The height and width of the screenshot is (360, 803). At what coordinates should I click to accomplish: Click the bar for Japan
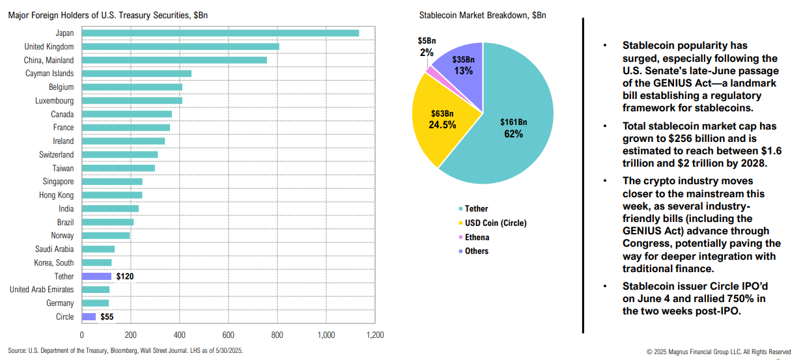coord(220,33)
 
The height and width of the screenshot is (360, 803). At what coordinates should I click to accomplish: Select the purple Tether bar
coord(96,276)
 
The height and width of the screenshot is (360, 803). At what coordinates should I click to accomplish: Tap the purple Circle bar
coord(89,316)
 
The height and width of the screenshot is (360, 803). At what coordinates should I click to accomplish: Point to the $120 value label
coord(126,276)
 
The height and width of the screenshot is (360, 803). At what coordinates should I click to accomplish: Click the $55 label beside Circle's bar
coord(107,317)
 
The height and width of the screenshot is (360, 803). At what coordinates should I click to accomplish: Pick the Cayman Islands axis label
coord(49,74)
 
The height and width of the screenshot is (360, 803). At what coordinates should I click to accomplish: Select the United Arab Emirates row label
coord(42,290)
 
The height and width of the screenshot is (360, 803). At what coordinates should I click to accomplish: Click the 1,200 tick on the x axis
coord(374,335)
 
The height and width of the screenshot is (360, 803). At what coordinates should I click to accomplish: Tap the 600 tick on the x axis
coord(228,335)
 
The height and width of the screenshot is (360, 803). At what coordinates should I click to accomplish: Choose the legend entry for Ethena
coord(477,238)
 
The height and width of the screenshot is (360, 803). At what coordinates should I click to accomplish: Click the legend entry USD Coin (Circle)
coord(496,223)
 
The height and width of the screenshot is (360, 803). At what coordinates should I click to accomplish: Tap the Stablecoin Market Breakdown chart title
coord(483,15)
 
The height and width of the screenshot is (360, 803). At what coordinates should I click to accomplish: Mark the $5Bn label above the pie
coord(427,41)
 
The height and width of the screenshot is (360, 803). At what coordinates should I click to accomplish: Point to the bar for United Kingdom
coord(180,46)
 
